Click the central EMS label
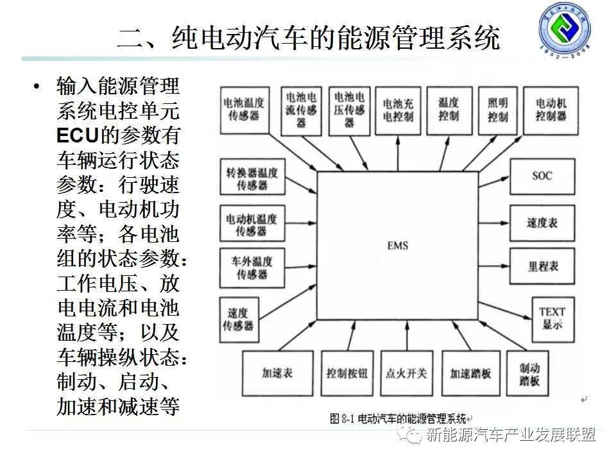[398, 245]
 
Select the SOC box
[542, 176]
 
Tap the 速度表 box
[542, 222]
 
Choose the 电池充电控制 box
[398, 110]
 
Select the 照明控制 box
[497, 109]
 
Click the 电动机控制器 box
[551, 109]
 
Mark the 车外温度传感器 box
[252, 268]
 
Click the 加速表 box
[278, 372]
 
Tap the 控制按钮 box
[346, 372]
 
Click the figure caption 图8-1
[344, 418]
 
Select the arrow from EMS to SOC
[494, 175]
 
